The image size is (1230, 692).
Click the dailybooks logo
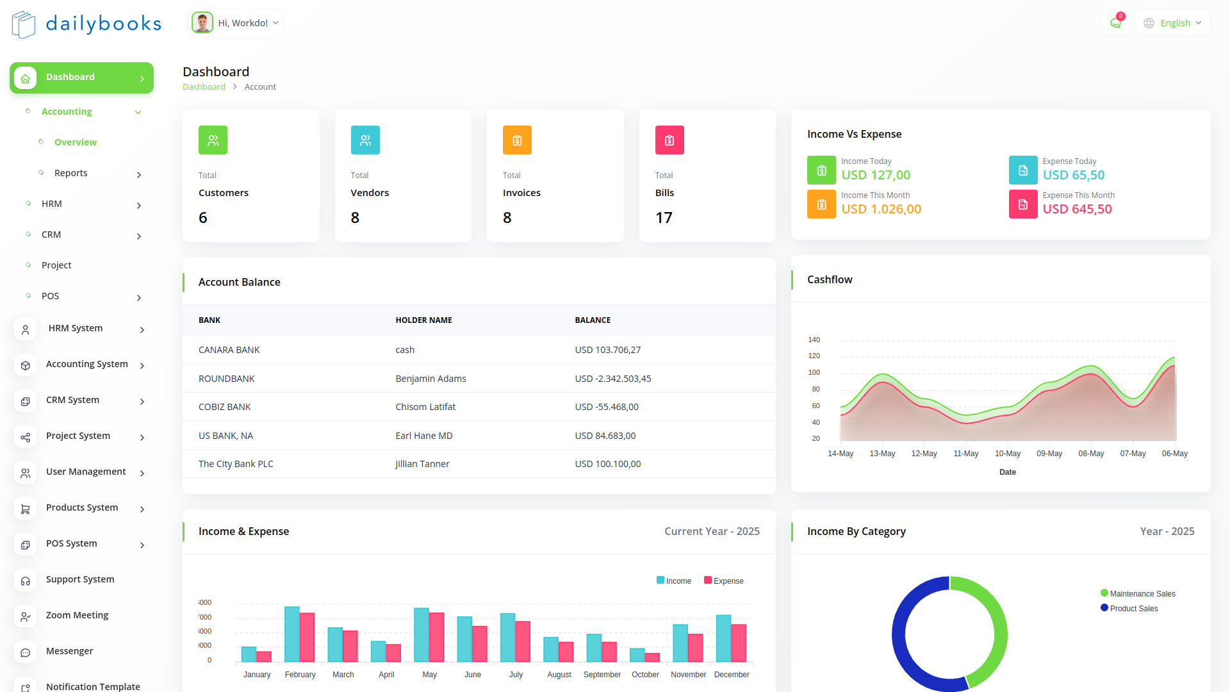[x=86, y=24]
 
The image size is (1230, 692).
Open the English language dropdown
[x=1172, y=23]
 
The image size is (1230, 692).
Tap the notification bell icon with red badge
[x=1115, y=23]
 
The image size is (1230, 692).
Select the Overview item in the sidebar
[x=75, y=142]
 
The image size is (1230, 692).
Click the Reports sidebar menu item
[x=71, y=173]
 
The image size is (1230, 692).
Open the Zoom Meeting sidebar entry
[x=77, y=615]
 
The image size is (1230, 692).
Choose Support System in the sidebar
[x=80, y=579]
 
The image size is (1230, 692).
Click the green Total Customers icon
[x=213, y=140]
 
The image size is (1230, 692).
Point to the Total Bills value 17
[x=664, y=218]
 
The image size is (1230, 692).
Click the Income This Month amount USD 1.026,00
[x=881, y=209]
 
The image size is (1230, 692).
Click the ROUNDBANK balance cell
[x=613, y=379]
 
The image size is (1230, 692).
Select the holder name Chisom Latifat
[x=425, y=407]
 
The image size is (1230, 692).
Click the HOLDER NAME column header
[x=423, y=320]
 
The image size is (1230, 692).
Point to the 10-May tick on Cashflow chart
[x=1008, y=454]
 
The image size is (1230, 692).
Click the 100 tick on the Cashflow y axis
[x=814, y=372]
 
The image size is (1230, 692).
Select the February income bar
[x=292, y=634]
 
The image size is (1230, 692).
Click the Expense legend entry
[x=724, y=581]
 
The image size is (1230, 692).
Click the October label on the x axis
[x=645, y=675]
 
